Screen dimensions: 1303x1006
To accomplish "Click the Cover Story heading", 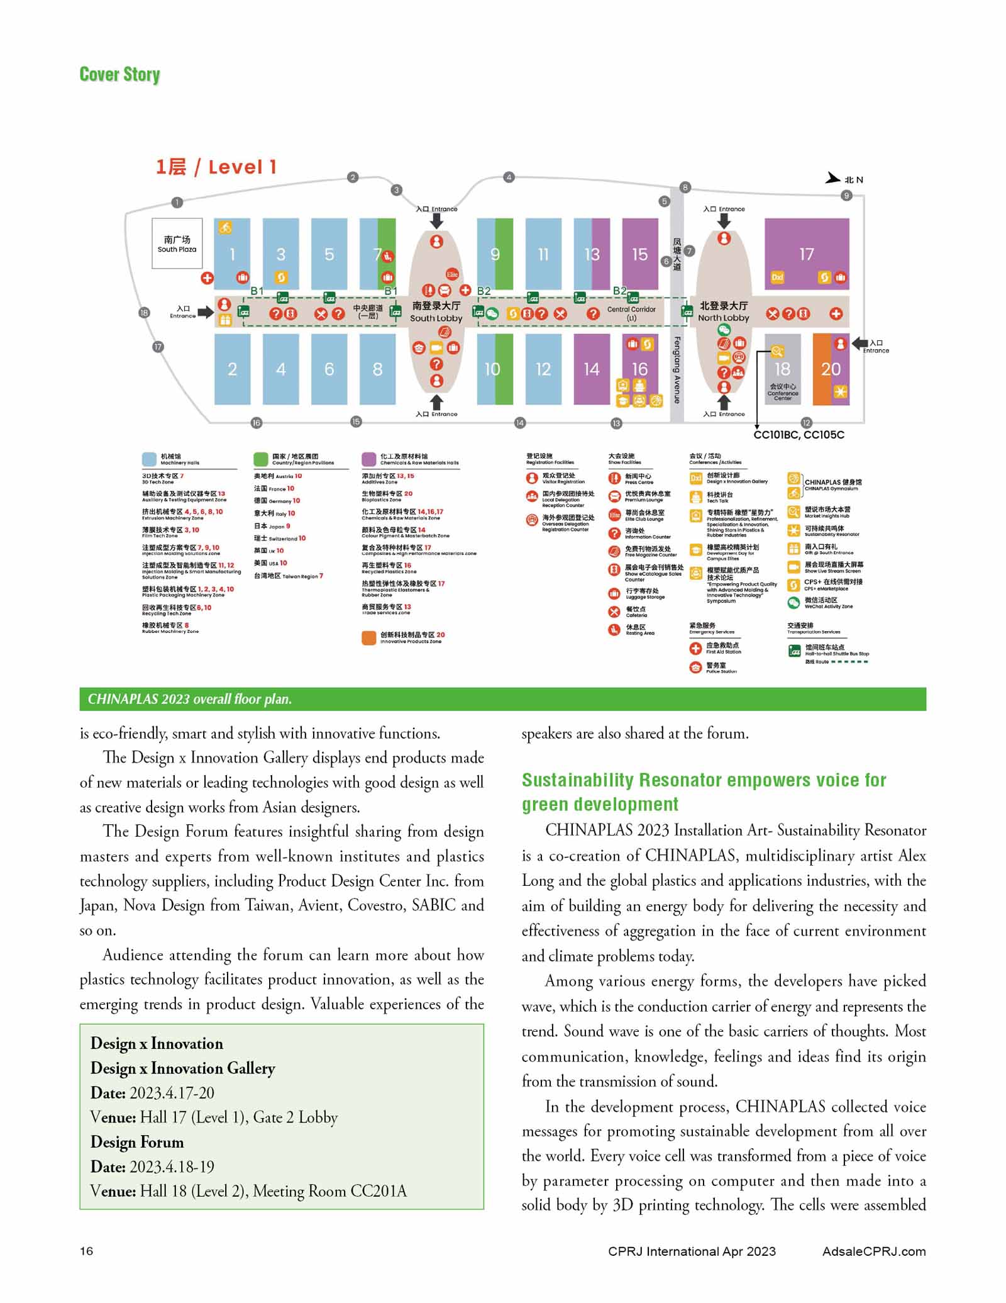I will tap(119, 74).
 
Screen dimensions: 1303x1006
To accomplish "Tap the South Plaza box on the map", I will tap(177, 243).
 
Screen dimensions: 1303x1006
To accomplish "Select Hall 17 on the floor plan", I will tap(806, 254).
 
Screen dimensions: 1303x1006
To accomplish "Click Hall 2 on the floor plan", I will tap(232, 369).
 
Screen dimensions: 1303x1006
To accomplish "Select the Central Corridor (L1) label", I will tap(631, 313).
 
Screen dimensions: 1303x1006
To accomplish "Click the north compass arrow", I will tap(834, 178).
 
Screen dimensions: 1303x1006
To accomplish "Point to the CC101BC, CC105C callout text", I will tap(799, 435).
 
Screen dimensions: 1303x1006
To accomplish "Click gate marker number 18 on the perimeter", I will tap(144, 313).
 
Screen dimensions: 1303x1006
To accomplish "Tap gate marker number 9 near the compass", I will tap(846, 196).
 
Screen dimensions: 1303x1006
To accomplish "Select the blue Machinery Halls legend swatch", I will tap(150, 459).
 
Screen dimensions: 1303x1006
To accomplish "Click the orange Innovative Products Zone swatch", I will tap(369, 637).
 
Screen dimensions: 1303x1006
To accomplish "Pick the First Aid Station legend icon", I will tap(695, 648).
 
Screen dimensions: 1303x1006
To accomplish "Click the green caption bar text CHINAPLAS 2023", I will tap(189, 699).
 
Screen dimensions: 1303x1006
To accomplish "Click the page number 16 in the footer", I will tap(87, 1251).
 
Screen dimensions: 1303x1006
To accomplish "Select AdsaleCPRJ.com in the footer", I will tap(873, 1251).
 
